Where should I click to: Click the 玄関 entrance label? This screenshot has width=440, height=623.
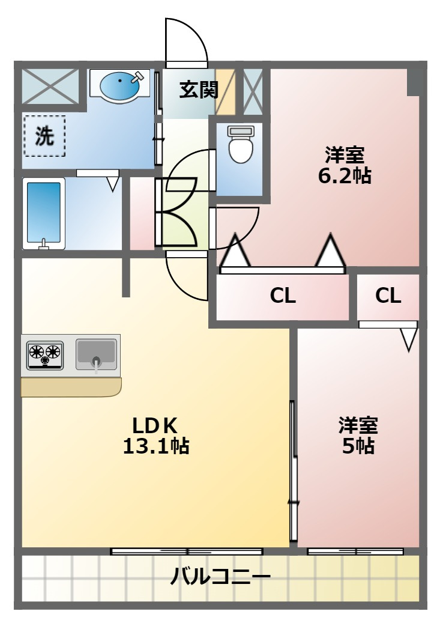(x=199, y=90)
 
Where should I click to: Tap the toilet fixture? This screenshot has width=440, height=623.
(x=241, y=145)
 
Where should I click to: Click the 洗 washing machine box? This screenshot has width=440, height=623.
(x=44, y=136)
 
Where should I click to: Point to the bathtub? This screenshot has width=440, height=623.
(x=44, y=214)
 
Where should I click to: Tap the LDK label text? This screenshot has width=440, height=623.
(x=154, y=427)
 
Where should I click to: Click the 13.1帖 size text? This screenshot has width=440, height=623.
(x=155, y=446)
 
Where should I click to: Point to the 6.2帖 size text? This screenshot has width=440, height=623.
(x=345, y=175)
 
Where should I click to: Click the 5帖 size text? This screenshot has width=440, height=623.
(x=358, y=446)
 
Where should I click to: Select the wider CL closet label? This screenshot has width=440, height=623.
(x=283, y=296)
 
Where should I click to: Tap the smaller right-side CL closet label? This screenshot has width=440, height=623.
(x=388, y=296)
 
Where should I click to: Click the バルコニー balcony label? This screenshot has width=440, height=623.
(x=220, y=576)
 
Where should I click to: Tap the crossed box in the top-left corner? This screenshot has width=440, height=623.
(x=50, y=87)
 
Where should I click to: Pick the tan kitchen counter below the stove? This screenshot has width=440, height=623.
(x=71, y=387)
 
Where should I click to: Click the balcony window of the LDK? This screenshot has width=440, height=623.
(x=187, y=551)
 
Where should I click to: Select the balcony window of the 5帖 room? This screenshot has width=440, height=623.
(x=355, y=551)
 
